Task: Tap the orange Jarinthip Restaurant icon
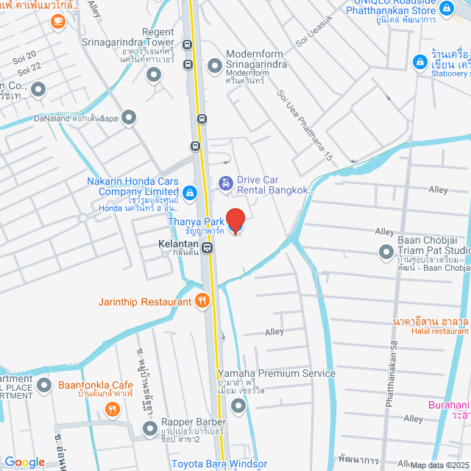click(x=203, y=300)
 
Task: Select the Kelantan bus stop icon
click(x=208, y=247)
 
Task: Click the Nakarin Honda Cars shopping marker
click(x=190, y=193)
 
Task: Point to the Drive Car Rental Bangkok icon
click(x=226, y=182)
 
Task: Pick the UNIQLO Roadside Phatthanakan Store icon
click(x=446, y=9)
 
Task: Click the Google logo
click(x=24, y=461)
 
